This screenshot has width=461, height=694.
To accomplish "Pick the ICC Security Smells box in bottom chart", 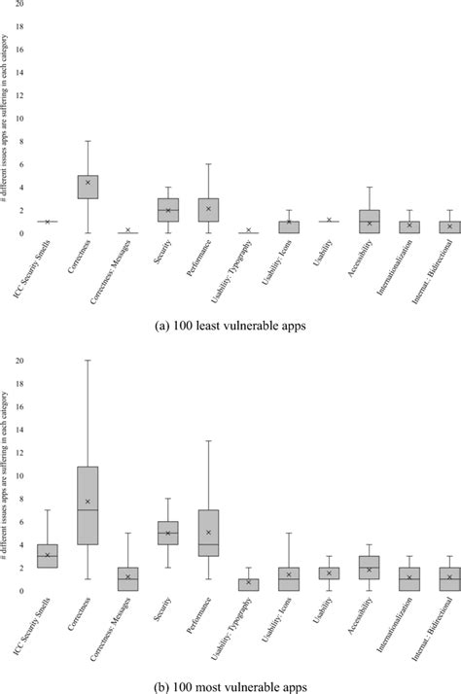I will (48, 555).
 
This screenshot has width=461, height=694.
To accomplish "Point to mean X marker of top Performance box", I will (208, 209).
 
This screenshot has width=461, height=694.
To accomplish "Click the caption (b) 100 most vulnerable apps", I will (231, 686).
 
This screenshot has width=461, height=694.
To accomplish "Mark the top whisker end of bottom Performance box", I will (208, 441).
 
